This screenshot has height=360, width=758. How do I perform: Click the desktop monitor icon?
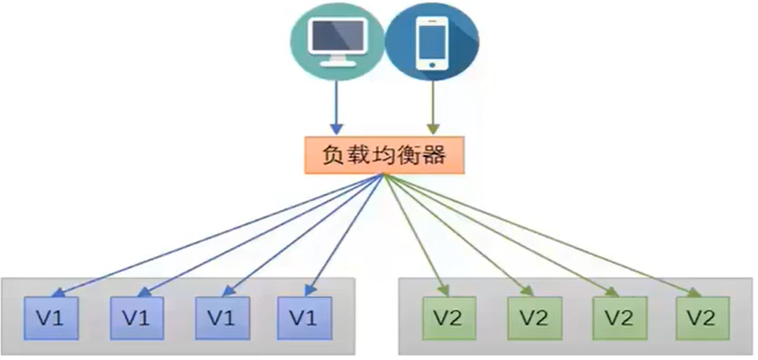332,42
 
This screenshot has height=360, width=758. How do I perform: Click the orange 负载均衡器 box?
384,156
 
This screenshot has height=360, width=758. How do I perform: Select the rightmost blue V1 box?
303,317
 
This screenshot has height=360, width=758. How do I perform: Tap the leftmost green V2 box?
447,318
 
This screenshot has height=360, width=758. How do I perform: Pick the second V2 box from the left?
532,318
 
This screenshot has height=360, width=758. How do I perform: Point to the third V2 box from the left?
616,318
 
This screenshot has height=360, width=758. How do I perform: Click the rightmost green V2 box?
701,318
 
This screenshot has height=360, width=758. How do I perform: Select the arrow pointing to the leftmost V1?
216,235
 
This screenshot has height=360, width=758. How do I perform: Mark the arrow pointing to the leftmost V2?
415,235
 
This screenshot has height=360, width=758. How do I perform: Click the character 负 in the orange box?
333,156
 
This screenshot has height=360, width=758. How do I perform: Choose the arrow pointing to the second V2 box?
458,235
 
